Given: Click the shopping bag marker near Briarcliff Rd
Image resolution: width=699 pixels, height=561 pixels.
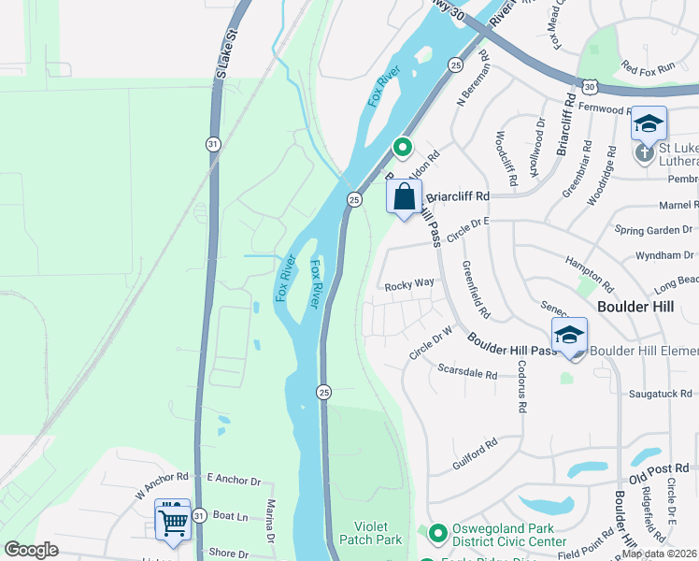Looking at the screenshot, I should [404, 198].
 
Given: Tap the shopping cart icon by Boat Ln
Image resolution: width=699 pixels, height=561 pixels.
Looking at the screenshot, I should [172, 521].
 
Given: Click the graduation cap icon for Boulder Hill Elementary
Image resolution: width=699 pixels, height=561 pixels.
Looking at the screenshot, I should [569, 335].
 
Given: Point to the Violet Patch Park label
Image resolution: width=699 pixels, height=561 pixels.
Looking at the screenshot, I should [376, 533].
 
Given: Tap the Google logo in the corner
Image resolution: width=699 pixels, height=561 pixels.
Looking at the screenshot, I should [31, 550].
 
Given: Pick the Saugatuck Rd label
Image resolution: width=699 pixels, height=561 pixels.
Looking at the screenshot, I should [659, 395].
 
